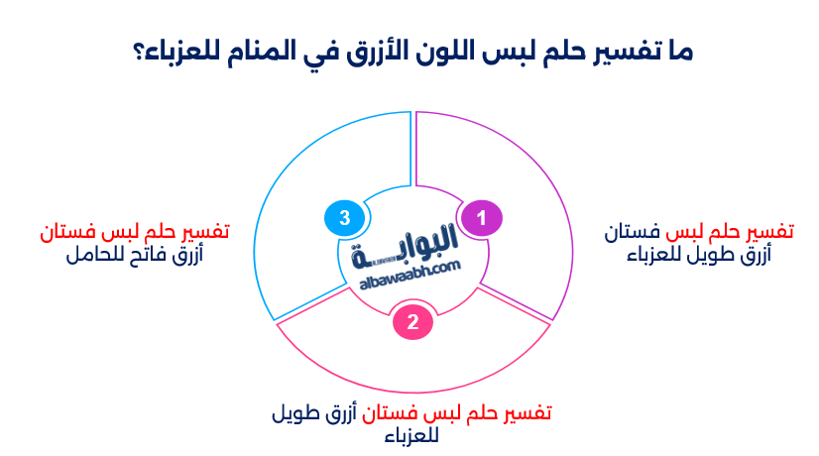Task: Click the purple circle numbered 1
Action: coord(482,218)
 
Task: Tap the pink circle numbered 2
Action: coord(411,320)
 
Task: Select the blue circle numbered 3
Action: coord(342,218)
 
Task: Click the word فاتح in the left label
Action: coord(150,255)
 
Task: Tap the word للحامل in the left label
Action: coord(95,255)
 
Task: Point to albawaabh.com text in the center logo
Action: coord(408,269)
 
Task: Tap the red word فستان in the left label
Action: coord(67,233)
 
